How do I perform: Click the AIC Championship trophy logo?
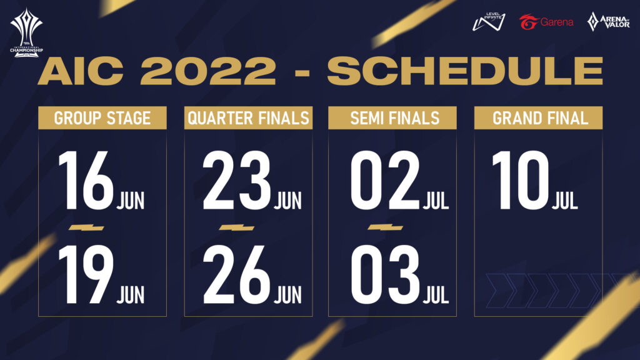point(26,32)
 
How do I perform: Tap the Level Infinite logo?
point(489,22)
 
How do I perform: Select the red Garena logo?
point(546,22)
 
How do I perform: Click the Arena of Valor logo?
point(608,22)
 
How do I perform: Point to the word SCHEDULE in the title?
point(465,71)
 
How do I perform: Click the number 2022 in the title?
point(208,71)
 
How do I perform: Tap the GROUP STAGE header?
point(102,118)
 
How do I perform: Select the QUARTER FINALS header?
point(248,118)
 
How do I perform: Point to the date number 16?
point(86,180)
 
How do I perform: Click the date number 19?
point(86,275)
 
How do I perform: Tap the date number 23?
point(237,180)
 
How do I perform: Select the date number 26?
point(237,275)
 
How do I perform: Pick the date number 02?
point(385,180)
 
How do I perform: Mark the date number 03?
point(385,275)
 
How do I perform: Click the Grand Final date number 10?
point(521,180)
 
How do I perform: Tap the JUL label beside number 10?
point(565,201)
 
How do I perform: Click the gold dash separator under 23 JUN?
point(237,227)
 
